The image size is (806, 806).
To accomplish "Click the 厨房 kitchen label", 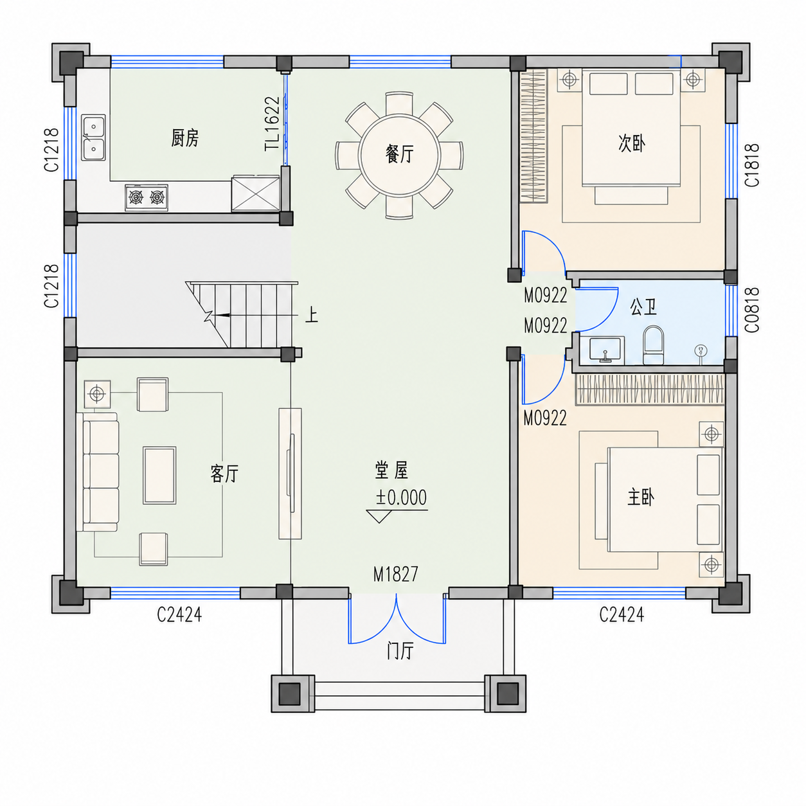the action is click(185, 138).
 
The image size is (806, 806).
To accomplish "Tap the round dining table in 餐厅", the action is click(399, 155).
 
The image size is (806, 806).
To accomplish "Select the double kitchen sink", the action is click(93, 138).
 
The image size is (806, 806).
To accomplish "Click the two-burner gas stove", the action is click(147, 197).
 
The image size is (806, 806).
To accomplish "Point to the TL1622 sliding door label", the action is click(272, 124).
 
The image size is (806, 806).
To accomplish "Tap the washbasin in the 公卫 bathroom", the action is click(607, 349).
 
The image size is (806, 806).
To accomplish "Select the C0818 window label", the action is click(752, 310).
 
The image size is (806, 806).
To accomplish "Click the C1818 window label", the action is click(752, 165).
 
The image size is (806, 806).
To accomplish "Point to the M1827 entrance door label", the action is click(396, 574).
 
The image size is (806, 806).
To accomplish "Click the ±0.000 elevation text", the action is click(401, 497).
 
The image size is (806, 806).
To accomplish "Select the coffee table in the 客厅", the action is click(159, 475).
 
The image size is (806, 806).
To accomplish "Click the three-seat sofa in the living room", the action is click(98, 472).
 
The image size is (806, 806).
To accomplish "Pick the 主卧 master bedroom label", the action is click(641, 497).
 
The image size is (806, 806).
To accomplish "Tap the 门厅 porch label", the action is click(400, 651).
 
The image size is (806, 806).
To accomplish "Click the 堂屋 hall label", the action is click(391, 470).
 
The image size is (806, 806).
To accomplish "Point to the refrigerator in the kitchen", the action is click(256, 193).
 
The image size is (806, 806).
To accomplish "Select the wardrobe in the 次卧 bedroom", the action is click(533, 136).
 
